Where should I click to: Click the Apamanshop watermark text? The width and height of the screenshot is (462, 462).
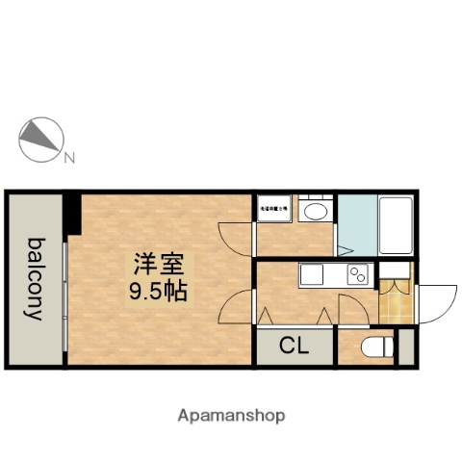pyautogui.click(x=231, y=416)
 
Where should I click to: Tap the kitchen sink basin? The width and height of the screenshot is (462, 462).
pyautogui.click(x=316, y=275)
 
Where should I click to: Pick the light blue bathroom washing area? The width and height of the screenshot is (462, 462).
pyautogui.click(x=356, y=227)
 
